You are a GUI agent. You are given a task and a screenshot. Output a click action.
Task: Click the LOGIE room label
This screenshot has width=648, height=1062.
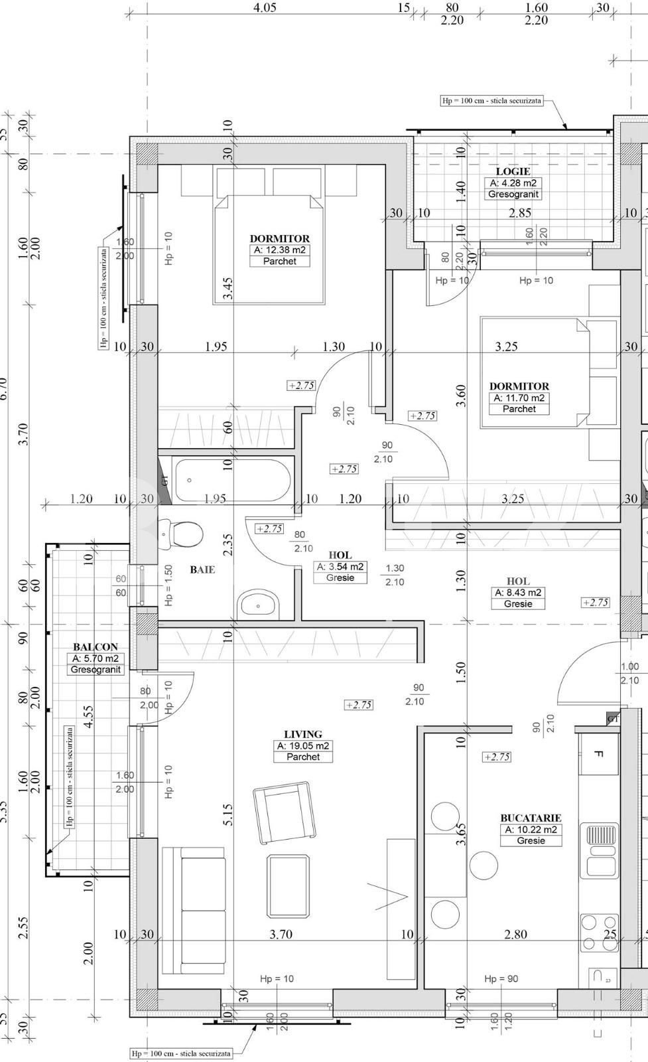tap(513, 171)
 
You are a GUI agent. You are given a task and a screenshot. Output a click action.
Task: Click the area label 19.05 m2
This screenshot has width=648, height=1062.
tap(303, 745)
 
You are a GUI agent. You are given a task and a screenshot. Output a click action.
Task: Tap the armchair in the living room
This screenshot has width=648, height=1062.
tap(283, 812)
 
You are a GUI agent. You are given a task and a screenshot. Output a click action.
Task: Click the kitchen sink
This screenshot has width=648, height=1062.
tap(600, 850)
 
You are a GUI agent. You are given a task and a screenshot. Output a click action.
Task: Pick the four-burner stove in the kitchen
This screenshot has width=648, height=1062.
tap(598, 933)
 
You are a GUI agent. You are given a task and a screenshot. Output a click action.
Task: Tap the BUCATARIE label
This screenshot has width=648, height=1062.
tap(531, 818)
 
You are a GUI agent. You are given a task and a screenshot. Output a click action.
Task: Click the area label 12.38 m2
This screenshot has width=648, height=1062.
tap(279, 250)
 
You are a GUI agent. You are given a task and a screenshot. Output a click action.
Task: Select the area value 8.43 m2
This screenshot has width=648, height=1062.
tap(518, 593)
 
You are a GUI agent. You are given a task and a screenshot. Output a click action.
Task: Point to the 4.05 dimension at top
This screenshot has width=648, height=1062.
tap(265, 8)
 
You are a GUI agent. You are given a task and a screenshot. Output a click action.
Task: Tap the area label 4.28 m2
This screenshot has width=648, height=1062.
tap(513, 183)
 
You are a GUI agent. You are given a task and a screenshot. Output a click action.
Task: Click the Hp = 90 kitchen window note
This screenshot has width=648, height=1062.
tap(501, 978)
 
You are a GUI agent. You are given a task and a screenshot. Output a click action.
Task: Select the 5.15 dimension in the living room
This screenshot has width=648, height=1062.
tap(227, 815)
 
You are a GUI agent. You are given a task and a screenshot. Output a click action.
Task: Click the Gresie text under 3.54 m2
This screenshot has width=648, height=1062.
tap(340, 577)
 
